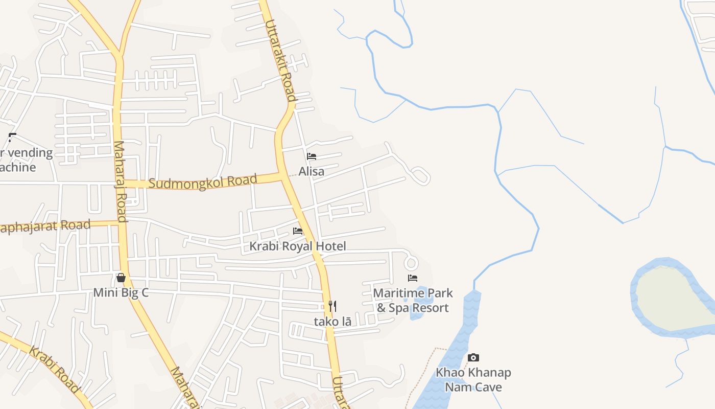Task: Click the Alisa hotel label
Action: point(311,171)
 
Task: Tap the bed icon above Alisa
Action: point(312,156)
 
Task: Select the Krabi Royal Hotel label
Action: point(297,246)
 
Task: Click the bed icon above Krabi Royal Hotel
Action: point(298,231)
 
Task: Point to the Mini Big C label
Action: point(121,293)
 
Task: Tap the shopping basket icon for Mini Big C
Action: point(121,278)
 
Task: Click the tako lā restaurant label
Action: point(332,322)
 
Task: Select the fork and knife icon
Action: point(332,306)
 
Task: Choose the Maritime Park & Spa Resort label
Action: point(413,300)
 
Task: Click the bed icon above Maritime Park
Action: point(413,278)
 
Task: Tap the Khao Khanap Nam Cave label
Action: point(473,379)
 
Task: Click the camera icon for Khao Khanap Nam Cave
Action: point(473,357)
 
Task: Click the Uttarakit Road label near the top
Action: point(280,60)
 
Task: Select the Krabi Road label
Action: point(54,371)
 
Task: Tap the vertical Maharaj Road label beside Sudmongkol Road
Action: point(120,181)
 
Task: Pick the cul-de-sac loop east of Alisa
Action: point(420,176)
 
